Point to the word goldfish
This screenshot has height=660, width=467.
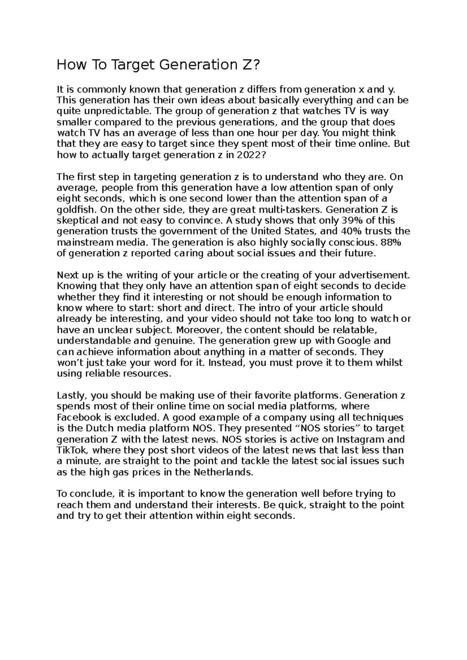[x=77, y=210]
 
